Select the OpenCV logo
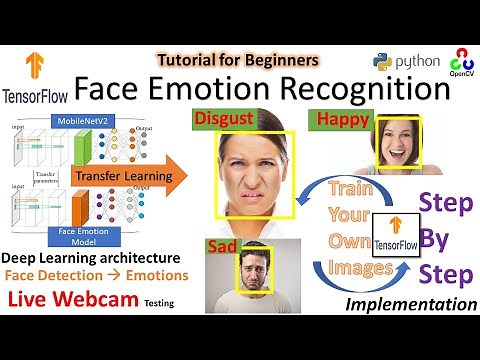coord(461,60)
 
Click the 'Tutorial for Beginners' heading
coord(237,60)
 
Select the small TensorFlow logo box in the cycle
coord(395,237)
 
